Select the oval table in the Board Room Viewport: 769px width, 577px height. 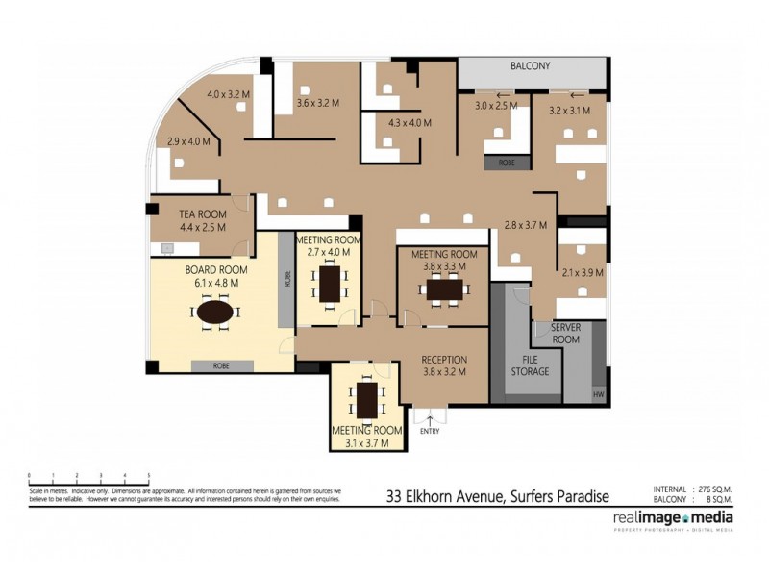click(x=215, y=313)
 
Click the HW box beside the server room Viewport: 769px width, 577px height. click(x=599, y=394)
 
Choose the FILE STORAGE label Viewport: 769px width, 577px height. click(x=530, y=365)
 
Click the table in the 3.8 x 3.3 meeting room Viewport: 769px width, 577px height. click(x=444, y=288)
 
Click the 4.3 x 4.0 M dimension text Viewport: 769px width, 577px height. click(x=409, y=123)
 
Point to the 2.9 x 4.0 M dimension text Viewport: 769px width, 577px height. click(x=188, y=142)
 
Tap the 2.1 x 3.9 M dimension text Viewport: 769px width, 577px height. click(x=583, y=273)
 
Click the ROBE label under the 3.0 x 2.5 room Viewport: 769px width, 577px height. click(x=506, y=163)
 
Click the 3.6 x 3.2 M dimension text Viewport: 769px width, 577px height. click(x=318, y=103)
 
